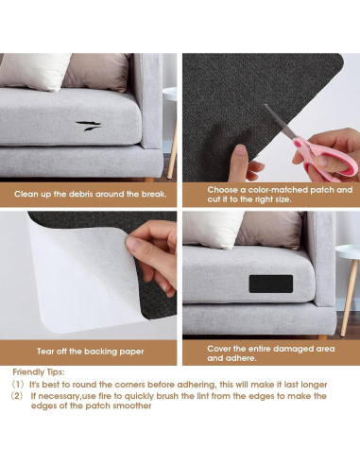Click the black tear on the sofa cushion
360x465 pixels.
[88, 126]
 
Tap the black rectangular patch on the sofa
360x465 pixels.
[271, 284]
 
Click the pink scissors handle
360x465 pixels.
[328, 159]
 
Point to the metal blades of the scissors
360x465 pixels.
[280, 122]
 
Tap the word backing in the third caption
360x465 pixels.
[102, 352]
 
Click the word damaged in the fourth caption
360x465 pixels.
[292, 349]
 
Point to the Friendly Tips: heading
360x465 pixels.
[39, 372]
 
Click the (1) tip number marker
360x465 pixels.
[18, 385]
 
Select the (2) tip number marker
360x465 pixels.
[18, 396]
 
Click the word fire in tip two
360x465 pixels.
[105, 396]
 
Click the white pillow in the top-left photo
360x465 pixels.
[35, 72]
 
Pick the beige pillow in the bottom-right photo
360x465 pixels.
[270, 230]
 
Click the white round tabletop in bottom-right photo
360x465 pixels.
[348, 252]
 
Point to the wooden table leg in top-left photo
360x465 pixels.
[173, 147]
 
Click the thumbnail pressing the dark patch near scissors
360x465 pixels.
[241, 150]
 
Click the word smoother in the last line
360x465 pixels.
[132, 405]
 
